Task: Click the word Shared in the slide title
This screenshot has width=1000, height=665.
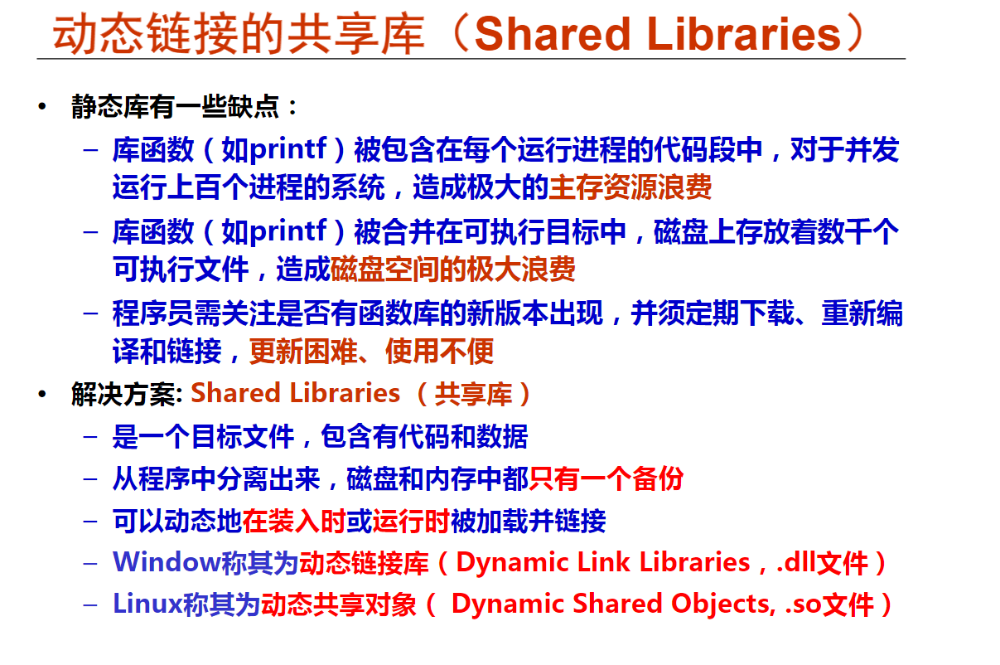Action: pyautogui.click(x=553, y=33)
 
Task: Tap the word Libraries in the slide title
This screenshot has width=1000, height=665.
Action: pyautogui.click(x=744, y=33)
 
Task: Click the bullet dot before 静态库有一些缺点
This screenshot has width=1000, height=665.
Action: pyautogui.click(x=42, y=106)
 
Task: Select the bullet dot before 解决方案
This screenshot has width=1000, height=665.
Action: pyautogui.click(x=42, y=394)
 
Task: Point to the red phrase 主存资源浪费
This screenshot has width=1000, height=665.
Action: pyautogui.click(x=630, y=187)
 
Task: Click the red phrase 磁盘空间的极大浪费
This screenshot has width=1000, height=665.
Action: pyautogui.click(x=452, y=269)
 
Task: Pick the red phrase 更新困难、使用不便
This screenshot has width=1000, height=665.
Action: pyautogui.click(x=371, y=352)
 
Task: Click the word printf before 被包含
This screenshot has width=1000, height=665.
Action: pyautogui.click(x=288, y=150)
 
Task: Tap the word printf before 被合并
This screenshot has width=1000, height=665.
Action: pyautogui.click(x=288, y=232)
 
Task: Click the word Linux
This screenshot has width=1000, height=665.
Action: pyautogui.click(x=148, y=604)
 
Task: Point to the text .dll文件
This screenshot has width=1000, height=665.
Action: pyautogui.click(x=823, y=562)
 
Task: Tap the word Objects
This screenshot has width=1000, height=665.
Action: pyautogui.click(x=720, y=604)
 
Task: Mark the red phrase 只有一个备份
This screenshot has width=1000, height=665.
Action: pyautogui.click(x=606, y=478)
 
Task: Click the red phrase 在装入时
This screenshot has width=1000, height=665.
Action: pyautogui.click(x=294, y=521)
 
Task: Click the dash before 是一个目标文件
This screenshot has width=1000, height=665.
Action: pyautogui.click(x=90, y=437)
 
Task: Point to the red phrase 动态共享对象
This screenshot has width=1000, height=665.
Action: pyautogui.click(x=338, y=604)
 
